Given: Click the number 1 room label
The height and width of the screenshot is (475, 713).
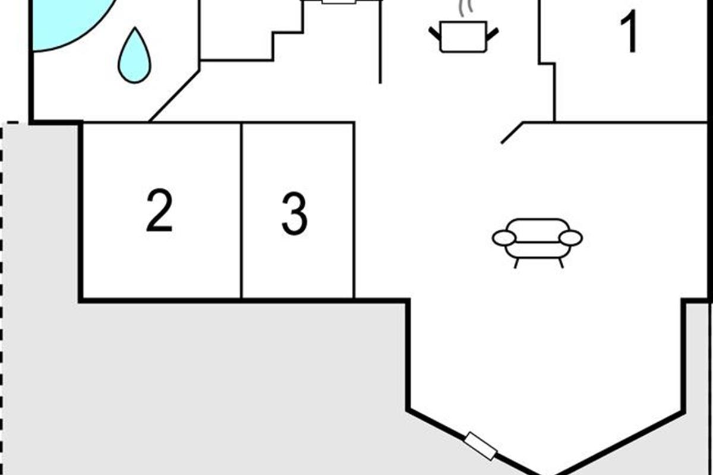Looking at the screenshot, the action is [x=629, y=31].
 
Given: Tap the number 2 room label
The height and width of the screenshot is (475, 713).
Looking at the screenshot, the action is [x=159, y=210].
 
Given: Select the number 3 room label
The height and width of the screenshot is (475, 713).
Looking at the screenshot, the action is [x=295, y=214].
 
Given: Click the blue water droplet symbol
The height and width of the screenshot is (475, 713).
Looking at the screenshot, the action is [x=135, y=55].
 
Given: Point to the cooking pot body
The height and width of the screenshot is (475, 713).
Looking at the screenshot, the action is [x=463, y=37].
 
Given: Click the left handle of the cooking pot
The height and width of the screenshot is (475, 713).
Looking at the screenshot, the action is [x=434, y=34].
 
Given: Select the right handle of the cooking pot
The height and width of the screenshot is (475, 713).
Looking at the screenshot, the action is [x=493, y=34].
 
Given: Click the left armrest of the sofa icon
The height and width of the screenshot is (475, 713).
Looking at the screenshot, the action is [x=504, y=238].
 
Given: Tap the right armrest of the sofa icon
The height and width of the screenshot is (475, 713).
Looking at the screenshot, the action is [x=571, y=238].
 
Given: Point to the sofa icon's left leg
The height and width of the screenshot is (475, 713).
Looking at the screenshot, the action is [x=516, y=264].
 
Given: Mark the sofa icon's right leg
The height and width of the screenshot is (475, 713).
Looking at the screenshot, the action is [x=561, y=264].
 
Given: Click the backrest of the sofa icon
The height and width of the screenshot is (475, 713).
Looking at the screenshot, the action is [x=538, y=230].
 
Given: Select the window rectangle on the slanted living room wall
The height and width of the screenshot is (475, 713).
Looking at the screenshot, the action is [x=480, y=446].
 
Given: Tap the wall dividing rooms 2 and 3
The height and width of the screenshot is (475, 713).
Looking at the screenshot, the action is [x=242, y=211].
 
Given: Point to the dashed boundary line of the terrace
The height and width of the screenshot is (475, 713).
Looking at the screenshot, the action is [x=2, y=299].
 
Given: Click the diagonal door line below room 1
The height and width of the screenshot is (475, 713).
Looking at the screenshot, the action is [x=512, y=132].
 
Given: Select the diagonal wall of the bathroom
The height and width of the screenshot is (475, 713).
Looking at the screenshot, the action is [x=175, y=96].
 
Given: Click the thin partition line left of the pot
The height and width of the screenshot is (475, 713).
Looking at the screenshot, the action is [x=380, y=42].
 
